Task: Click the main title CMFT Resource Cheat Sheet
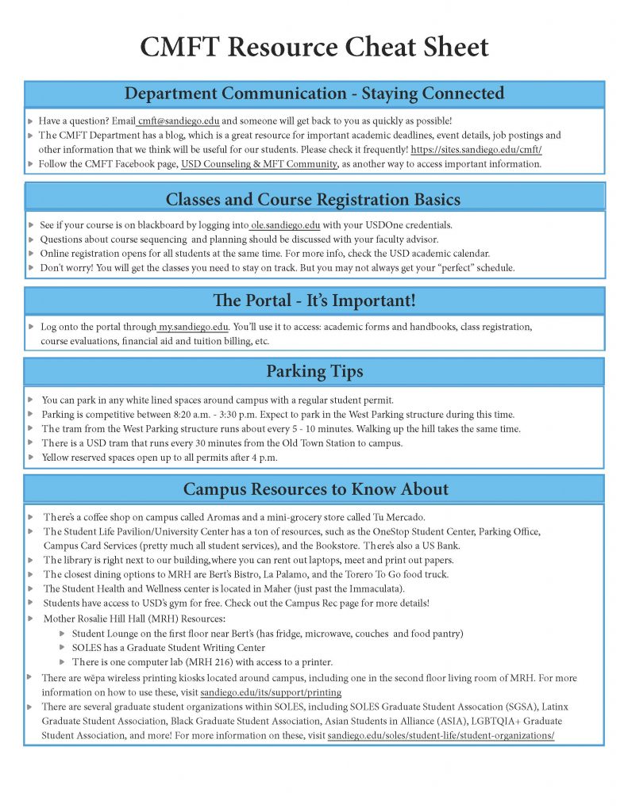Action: [x=314, y=47]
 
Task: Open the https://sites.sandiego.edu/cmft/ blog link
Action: [x=476, y=149]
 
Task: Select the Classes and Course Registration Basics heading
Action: [x=313, y=198]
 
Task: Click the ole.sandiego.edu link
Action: [x=286, y=225]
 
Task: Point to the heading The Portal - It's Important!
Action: [x=314, y=301]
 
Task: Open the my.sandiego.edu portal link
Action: [x=194, y=327]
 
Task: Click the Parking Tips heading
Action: [x=314, y=371]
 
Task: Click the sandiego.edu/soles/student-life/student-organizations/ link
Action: [x=441, y=735]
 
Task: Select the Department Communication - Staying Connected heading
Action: [x=314, y=94]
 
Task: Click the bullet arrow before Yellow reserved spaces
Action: [x=30, y=458]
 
